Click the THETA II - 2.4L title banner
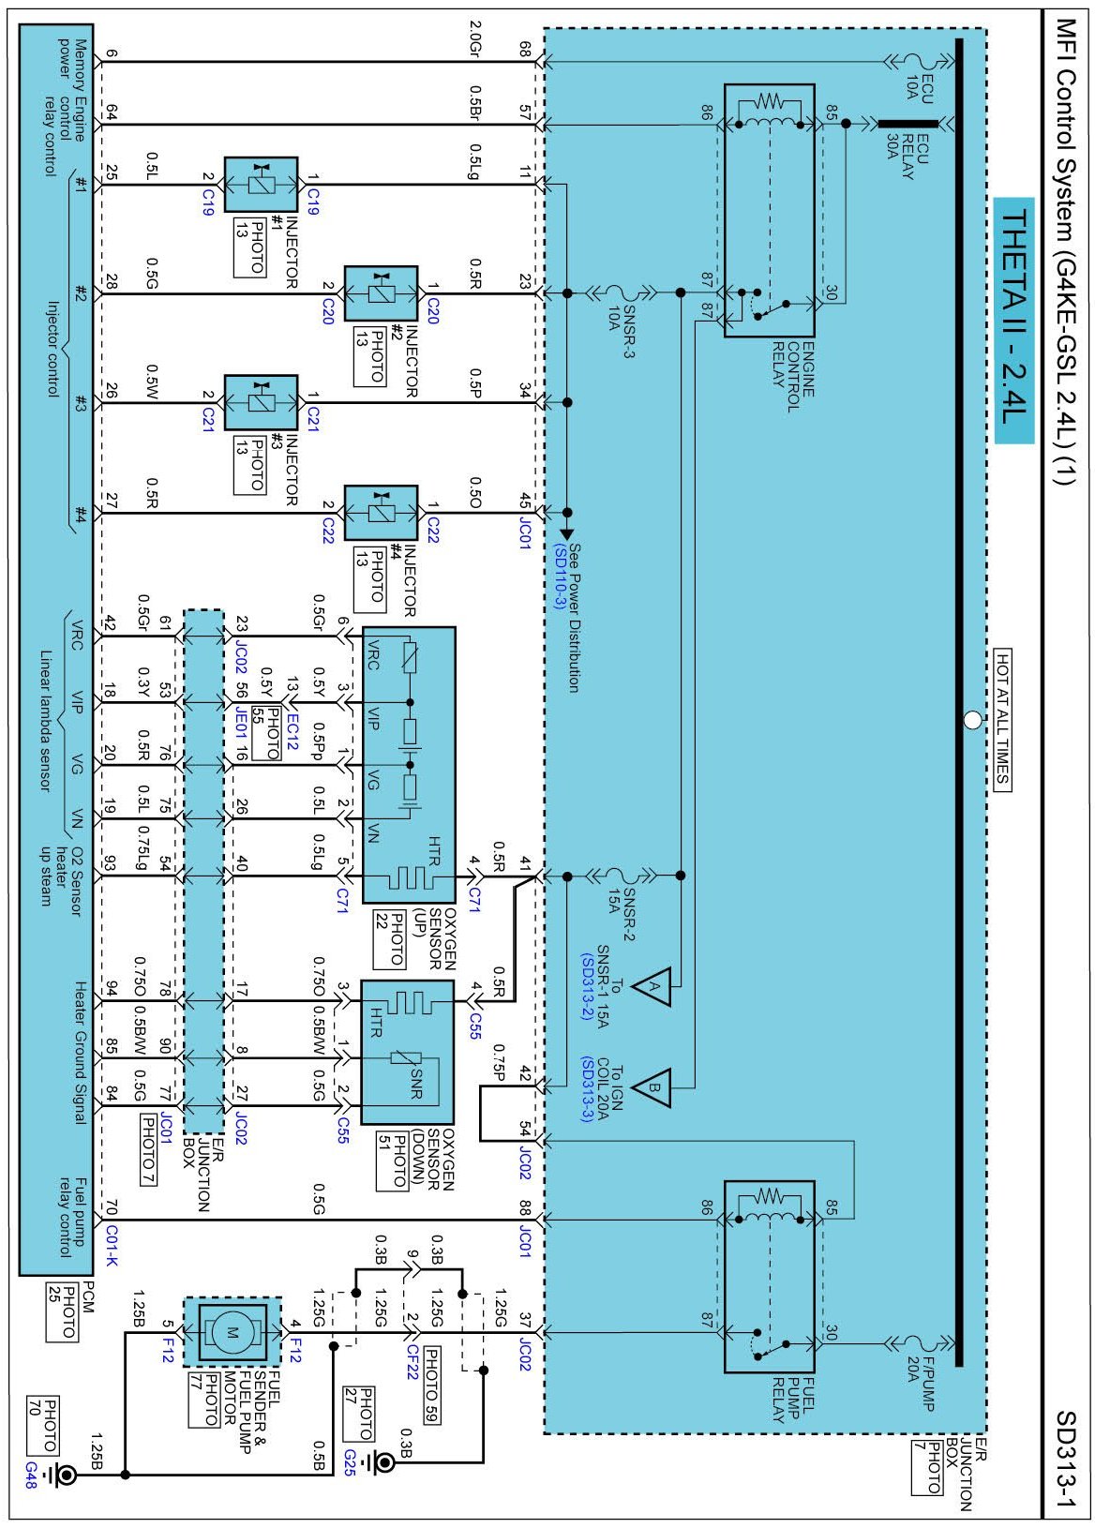pyautogui.click(x=1013, y=320)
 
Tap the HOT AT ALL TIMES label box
pyautogui.click(x=1001, y=720)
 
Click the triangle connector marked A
pyautogui.click(x=652, y=986)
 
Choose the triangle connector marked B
pyautogui.click(x=652, y=1087)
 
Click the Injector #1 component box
pyautogui.click(x=262, y=184)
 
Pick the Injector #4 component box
pyautogui.click(x=381, y=512)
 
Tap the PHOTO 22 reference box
pyautogui.click(x=390, y=938)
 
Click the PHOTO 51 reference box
pyautogui.click(x=392, y=1161)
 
